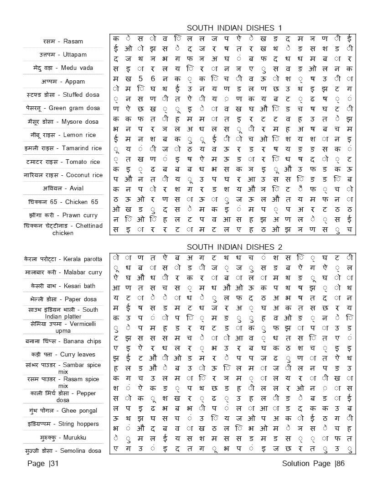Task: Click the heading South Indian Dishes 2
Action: tap(234, 247)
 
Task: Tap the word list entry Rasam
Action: tap(63, 41)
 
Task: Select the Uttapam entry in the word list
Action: tap(63, 55)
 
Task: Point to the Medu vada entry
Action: tap(63, 68)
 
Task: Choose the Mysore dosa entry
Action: tap(63, 121)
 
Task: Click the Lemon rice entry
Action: tap(63, 135)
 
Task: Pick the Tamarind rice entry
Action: tap(63, 148)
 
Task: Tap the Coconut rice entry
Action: tap(63, 175)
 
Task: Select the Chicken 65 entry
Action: tap(63, 202)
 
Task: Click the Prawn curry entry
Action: tap(63, 215)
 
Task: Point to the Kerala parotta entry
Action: tap(63, 259)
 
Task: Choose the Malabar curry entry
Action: tap(63, 272)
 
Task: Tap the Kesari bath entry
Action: tap(63, 286)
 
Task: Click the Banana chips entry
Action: tap(63, 341)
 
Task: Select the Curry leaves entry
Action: tap(63, 354)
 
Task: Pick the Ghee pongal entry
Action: tap(63, 411)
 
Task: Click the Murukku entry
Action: tap(63, 438)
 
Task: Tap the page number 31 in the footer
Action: tap(43, 464)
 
